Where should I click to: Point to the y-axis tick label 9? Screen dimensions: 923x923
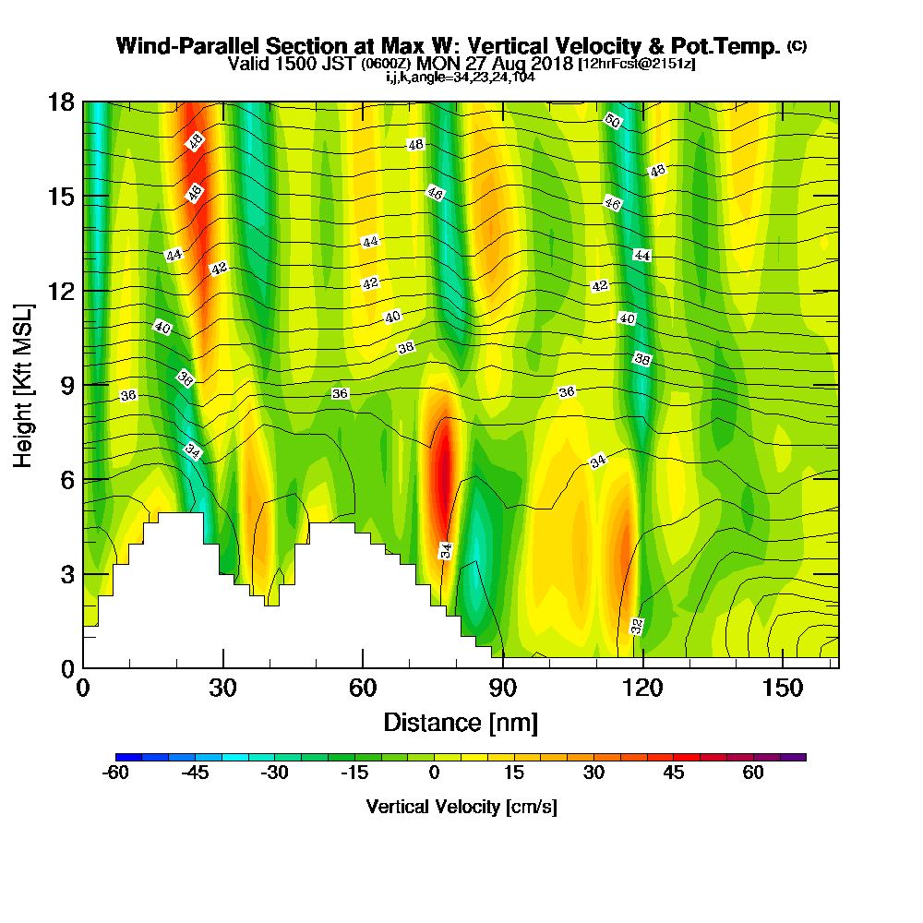click(66, 385)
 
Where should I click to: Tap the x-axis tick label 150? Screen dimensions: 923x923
click(782, 689)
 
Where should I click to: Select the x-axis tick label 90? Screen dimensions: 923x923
click(502, 689)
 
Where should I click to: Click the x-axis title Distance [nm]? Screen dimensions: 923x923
click(461, 722)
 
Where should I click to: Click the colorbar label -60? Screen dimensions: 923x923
click(115, 773)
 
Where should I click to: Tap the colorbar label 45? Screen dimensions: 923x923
click(673, 773)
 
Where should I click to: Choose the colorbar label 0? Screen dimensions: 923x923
click(434, 773)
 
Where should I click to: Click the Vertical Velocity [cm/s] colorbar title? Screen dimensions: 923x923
click(461, 807)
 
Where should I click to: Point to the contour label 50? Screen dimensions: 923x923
click(612, 120)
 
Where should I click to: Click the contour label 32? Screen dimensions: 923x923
click(637, 626)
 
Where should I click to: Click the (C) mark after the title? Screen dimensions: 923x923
click(797, 46)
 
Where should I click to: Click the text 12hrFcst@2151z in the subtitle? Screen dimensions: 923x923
click(637, 65)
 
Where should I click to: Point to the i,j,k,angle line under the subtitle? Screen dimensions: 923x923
click(461, 78)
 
